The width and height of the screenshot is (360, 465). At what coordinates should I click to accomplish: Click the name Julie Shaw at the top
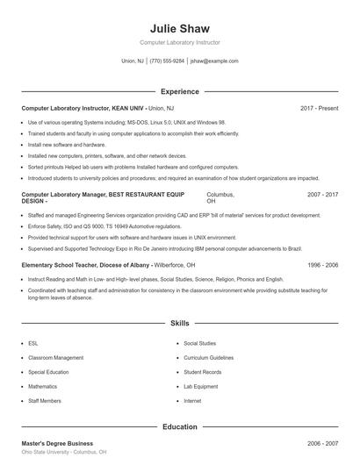click(179, 27)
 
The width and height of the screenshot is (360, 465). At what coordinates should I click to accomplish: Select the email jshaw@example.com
click(214, 61)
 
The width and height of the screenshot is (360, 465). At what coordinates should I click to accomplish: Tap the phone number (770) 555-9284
click(167, 61)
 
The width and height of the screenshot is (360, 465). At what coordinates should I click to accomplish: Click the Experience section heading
click(180, 91)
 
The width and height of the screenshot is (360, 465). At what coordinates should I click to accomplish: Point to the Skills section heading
click(180, 323)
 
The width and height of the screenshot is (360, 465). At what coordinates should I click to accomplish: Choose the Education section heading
click(180, 426)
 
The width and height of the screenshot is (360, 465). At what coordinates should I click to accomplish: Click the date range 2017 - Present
click(319, 108)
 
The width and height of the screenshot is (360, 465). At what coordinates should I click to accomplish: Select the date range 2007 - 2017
click(322, 193)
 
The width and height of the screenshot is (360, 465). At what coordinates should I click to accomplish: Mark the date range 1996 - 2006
click(322, 264)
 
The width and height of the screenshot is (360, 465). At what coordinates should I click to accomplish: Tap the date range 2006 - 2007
click(322, 444)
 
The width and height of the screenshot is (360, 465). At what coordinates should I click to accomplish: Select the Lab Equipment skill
click(200, 386)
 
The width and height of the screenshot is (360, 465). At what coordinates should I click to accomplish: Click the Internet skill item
click(192, 401)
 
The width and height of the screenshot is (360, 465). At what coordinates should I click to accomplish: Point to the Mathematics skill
click(42, 386)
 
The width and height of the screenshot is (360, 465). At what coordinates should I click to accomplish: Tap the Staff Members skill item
click(45, 401)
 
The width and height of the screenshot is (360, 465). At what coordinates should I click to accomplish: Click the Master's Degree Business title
click(57, 444)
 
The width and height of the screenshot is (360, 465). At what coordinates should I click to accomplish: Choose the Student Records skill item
click(202, 372)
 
